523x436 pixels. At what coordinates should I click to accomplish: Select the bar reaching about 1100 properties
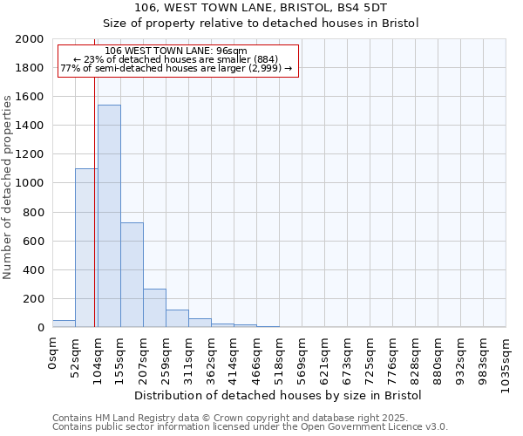tap(86, 248)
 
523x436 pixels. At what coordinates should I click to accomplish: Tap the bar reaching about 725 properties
tap(132, 275)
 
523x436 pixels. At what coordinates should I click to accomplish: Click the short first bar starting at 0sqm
tap(64, 324)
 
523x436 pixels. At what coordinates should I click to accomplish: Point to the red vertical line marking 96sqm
tap(94, 201)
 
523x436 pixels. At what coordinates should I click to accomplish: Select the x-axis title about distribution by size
tap(278, 396)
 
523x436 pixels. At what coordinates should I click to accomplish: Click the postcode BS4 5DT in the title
tap(361, 8)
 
